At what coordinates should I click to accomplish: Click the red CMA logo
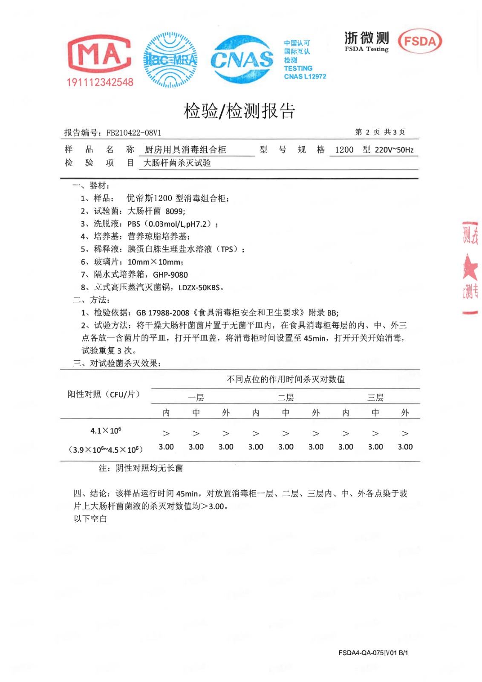coord(99,54)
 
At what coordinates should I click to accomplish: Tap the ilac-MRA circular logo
coord(170,60)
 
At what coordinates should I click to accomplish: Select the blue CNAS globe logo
coord(242,59)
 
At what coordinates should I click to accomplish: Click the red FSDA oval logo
coord(420,41)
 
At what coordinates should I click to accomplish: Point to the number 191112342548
coord(100,82)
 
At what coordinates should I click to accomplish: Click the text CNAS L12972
coord(305,77)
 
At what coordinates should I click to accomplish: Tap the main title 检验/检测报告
coord(240,111)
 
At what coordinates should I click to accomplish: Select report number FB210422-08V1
coord(133,133)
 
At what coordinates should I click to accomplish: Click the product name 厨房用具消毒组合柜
coord(185,150)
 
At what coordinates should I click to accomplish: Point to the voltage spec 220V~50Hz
coord(394,150)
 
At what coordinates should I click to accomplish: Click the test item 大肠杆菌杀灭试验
coord(177,163)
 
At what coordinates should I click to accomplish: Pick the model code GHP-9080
coord(170,275)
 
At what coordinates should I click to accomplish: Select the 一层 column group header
coord(196,398)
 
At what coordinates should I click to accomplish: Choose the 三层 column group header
coord(375,398)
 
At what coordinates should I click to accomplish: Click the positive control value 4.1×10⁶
coord(106,431)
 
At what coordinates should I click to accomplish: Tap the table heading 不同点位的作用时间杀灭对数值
coord(286,379)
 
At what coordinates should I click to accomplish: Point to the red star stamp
coord(470,268)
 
